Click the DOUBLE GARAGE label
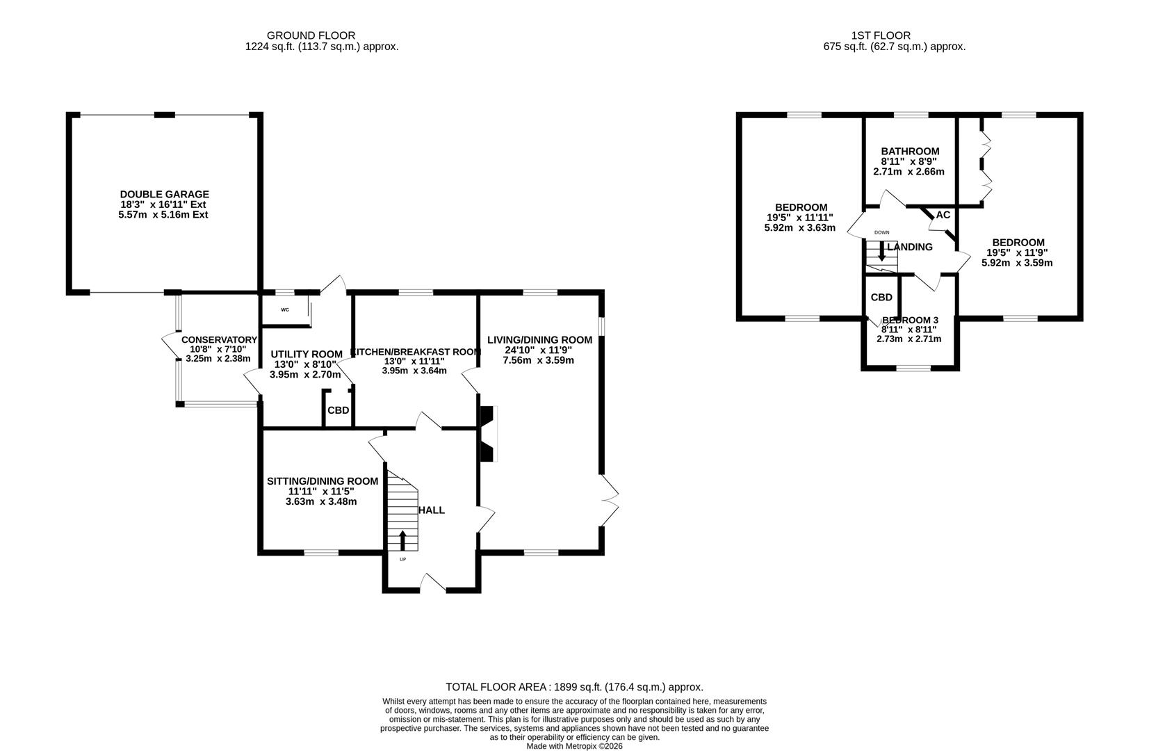pyautogui.click(x=164, y=195)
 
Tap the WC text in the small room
pyautogui.click(x=285, y=310)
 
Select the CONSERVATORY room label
pyautogui.click(x=219, y=340)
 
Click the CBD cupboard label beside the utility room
pyautogui.click(x=339, y=410)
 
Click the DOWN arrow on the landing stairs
pyautogui.click(x=881, y=251)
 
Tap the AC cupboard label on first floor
pyautogui.click(x=943, y=215)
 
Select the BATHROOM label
pyautogui.click(x=910, y=151)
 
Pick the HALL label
pyautogui.click(x=432, y=510)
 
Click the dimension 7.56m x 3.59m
pyautogui.click(x=539, y=360)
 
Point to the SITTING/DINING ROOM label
pyautogui.click(x=323, y=481)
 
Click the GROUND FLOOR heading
pyautogui.click(x=311, y=35)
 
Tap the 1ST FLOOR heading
pyautogui.click(x=881, y=35)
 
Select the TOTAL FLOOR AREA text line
pyautogui.click(x=574, y=686)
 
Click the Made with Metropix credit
pyautogui.click(x=574, y=746)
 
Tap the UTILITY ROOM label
pyautogui.click(x=307, y=354)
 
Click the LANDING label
pyautogui.click(x=910, y=247)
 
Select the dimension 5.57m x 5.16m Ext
pyautogui.click(x=163, y=215)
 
